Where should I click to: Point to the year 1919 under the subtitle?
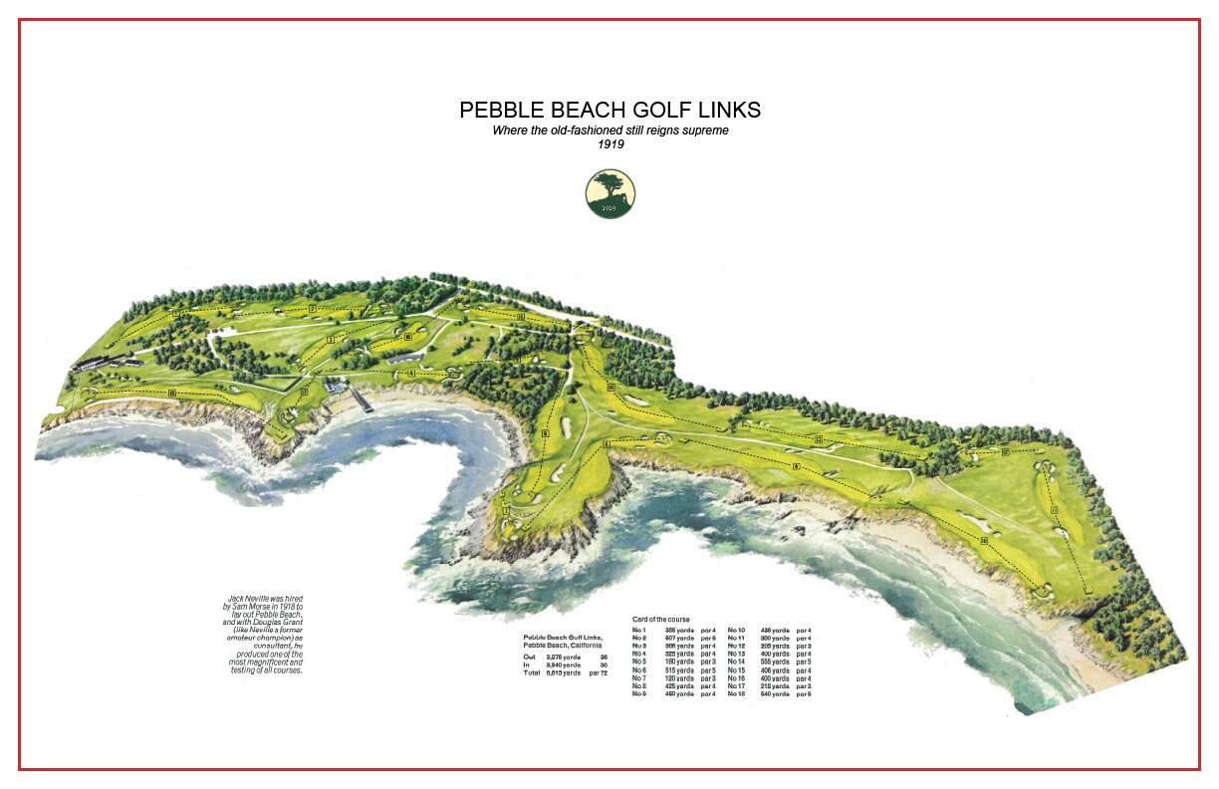point(609,144)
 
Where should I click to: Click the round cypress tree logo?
point(609,194)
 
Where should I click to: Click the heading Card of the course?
point(660,620)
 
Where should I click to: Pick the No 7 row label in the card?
point(639,677)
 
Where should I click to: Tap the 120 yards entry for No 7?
point(679,677)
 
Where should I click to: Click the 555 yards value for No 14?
point(775,661)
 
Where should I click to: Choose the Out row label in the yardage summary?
point(529,657)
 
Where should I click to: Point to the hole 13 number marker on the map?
point(818,439)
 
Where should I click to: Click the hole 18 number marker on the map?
point(172,394)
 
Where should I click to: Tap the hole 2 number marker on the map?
point(312,309)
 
